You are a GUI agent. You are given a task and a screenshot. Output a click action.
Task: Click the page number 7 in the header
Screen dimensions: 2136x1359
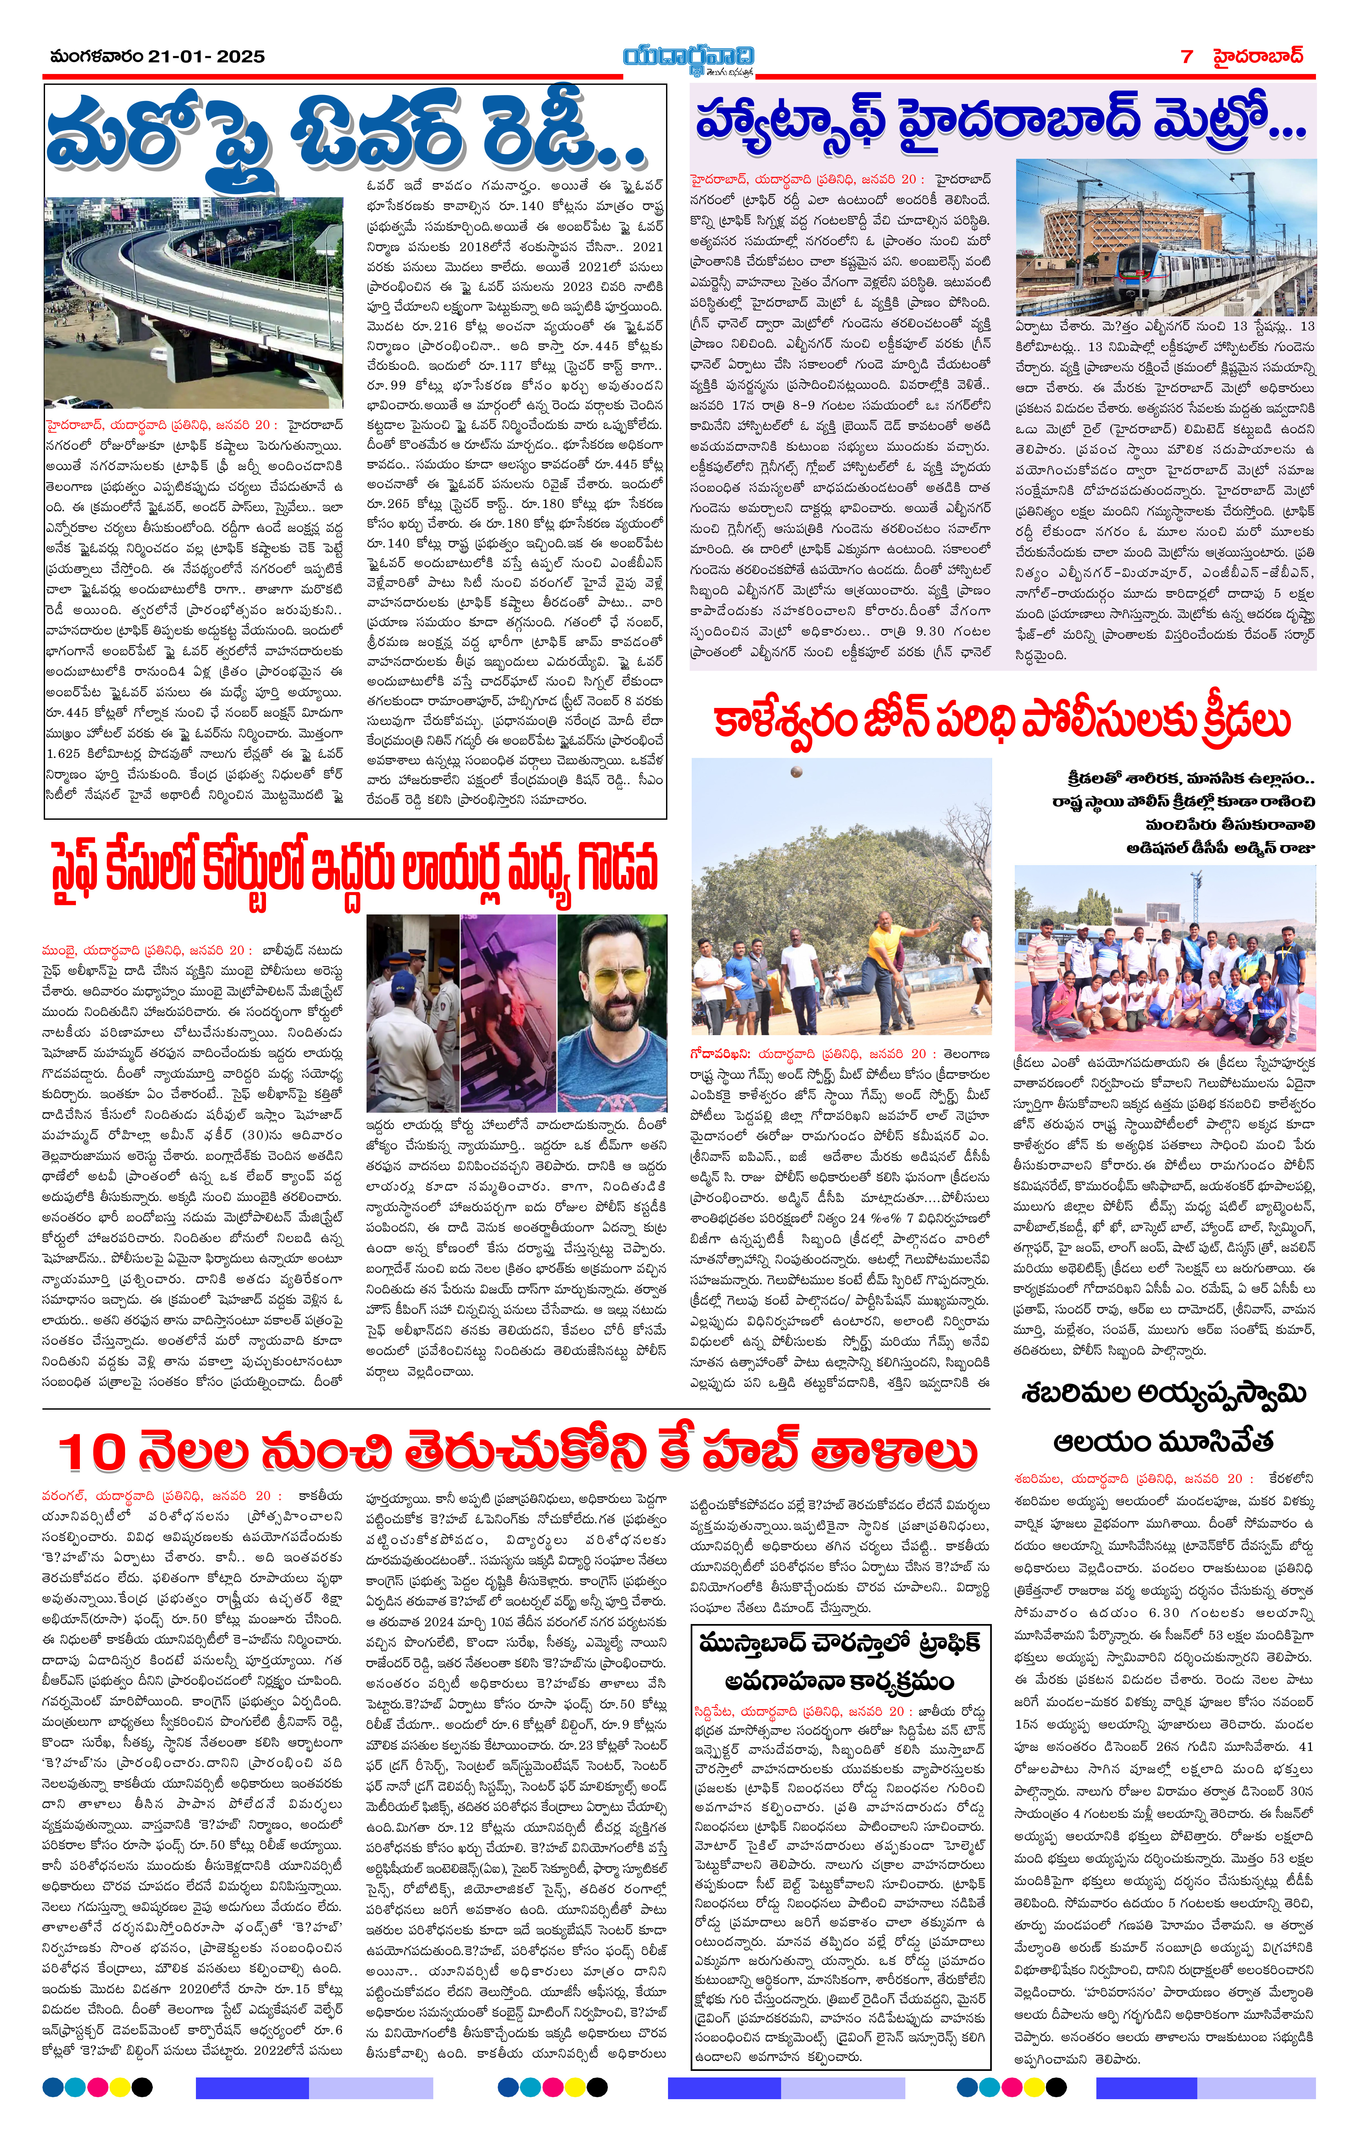(1187, 57)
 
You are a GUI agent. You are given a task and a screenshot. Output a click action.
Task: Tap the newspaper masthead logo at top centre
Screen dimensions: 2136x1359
(688, 59)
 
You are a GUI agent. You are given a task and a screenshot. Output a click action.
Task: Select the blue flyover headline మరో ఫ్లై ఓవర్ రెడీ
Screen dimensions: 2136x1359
(346, 133)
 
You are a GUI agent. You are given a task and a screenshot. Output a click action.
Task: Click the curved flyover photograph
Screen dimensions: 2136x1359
(193, 302)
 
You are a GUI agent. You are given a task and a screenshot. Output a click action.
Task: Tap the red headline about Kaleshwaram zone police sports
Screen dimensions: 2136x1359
(1002, 721)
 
